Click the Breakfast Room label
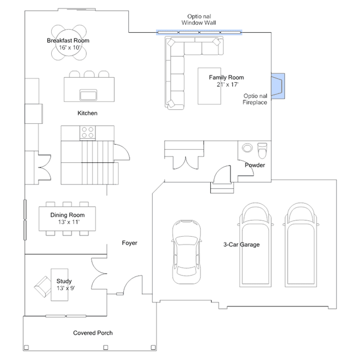point(68,41)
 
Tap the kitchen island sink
point(88,95)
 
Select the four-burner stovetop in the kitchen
point(88,132)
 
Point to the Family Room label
point(226,77)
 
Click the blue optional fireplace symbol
point(278,86)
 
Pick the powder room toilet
point(262,150)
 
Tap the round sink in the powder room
point(247,148)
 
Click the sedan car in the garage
point(186,252)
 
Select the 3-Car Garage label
point(242,245)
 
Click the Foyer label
point(130,243)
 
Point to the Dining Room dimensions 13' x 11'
point(69,222)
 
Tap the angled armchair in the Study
point(43,287)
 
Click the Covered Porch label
point(93,333)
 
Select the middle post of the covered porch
point(105,348)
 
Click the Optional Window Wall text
point(199,20)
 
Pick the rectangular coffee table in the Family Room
point(210,86)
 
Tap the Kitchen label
point(87,113)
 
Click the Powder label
point(255,165)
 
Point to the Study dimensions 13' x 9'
point(66,288)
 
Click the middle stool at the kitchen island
point(89,74)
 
